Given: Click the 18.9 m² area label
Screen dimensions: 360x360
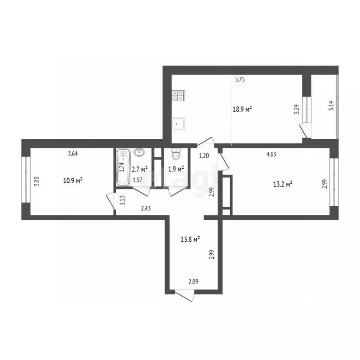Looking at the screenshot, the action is click(x=242, y=109).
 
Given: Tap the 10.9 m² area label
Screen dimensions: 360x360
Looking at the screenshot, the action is click(x=73, y=180).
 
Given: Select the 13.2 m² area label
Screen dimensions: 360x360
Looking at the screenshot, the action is click(x=283, y=184).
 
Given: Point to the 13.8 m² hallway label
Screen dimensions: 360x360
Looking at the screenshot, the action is click(x=190, y=240).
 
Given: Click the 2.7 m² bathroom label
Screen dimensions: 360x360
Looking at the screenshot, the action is click(x=140, y=169).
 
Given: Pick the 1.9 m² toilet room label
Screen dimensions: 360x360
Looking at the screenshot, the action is click(x=176, y=169).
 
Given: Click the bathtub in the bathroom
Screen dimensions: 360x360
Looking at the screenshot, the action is click(x=124, y=167).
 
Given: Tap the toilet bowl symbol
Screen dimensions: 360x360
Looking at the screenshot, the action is click(x=176, y=154).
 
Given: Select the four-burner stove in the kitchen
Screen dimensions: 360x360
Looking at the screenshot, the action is click(x=179, y=96).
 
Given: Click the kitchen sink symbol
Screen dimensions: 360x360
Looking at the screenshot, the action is click(x=179, y=124).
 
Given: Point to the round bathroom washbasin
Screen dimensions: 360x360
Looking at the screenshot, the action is click(x=139, y=152).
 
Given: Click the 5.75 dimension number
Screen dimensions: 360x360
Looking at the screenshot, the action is click(x=240, y=80).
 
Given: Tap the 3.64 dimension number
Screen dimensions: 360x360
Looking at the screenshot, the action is click(x=73, y=154).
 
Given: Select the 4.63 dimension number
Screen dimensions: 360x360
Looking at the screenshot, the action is click(x=271, y=154).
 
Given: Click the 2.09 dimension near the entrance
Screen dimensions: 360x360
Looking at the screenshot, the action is click(x=194, y=281).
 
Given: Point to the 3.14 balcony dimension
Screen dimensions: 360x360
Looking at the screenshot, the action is click(x=331, y=106).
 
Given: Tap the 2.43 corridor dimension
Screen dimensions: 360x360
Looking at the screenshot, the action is click(x=146, y=209).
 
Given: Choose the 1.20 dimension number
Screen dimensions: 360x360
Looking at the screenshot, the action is click(x=204, y=156).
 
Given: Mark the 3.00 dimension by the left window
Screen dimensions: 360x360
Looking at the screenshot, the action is click(x=37, y=181).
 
